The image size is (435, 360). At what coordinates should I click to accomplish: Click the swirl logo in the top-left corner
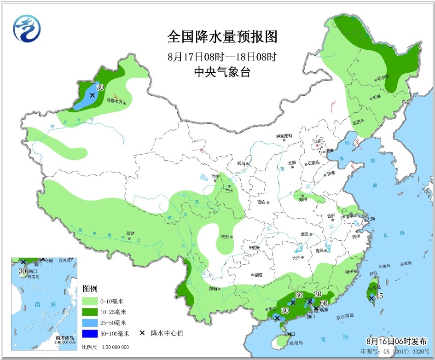click(27, 28)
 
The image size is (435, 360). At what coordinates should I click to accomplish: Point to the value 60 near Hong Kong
click(324, 302)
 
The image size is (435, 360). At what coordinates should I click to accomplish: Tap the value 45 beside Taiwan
click(379, 296)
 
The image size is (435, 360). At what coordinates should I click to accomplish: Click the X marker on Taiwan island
click(371, 298)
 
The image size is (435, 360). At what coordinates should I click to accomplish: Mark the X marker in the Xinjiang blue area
click(92, 95)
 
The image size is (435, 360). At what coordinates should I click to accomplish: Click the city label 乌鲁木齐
click(115, 100)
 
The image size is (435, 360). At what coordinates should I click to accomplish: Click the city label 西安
click(262, 202)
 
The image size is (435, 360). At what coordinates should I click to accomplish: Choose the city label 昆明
click(212, 289)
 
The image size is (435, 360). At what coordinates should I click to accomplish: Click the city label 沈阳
click(356, 122)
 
